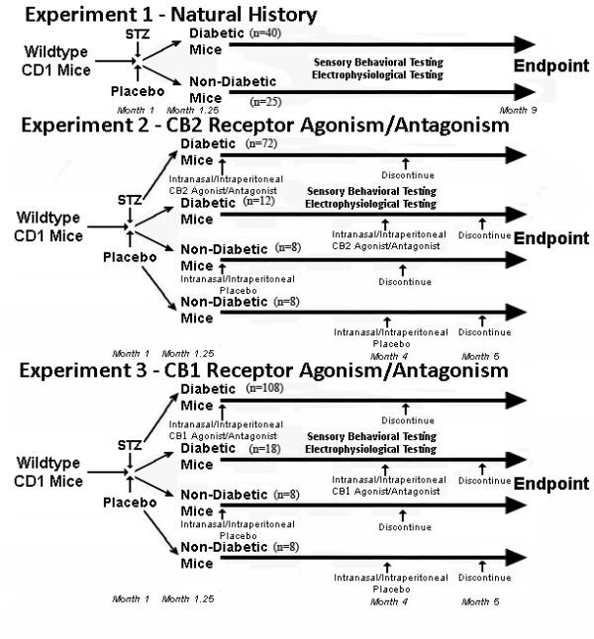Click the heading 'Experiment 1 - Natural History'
click(x=168, y=14)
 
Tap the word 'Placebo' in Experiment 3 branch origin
click(x=133, y=502)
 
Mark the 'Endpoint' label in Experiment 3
click(x=550, y=484)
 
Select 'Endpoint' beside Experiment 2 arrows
click(x=550, y=238)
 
